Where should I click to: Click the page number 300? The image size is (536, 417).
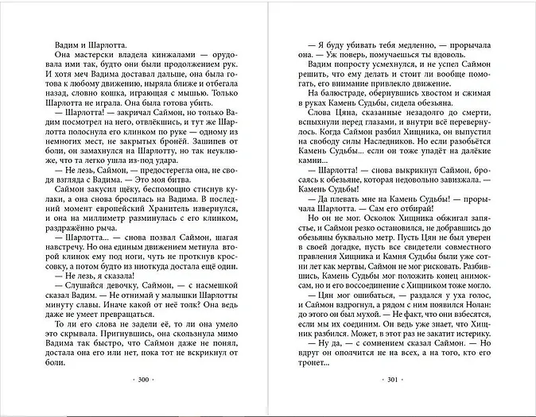(144, 380)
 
